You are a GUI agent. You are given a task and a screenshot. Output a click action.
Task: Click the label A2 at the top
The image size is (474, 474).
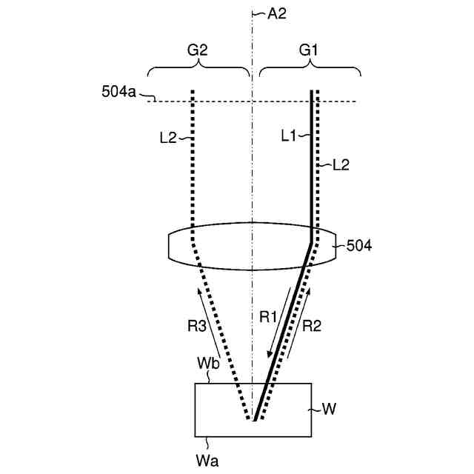click(x=276, y=14)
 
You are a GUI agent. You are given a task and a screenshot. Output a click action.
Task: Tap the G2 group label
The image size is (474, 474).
click(x=198, y=50)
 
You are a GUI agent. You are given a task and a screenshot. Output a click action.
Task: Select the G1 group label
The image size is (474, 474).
click(x=308, y=50)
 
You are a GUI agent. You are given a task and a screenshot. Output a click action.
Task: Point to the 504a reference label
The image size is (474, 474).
click(x=118, y=91)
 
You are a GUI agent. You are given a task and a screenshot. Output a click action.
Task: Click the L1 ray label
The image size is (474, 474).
click(x=288, y=136)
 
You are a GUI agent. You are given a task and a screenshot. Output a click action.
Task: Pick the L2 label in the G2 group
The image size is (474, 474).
click(x=168, y=138)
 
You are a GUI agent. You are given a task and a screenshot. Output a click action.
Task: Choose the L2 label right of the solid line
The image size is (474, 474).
click(x=341, y=165)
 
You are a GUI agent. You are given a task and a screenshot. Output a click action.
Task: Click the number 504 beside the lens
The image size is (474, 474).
click(x=359, y=246)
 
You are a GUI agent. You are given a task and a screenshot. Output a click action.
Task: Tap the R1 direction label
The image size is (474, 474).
click(x=268, y=317)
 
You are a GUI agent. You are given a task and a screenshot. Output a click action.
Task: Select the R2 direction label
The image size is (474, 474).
click(x=312, y=326)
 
